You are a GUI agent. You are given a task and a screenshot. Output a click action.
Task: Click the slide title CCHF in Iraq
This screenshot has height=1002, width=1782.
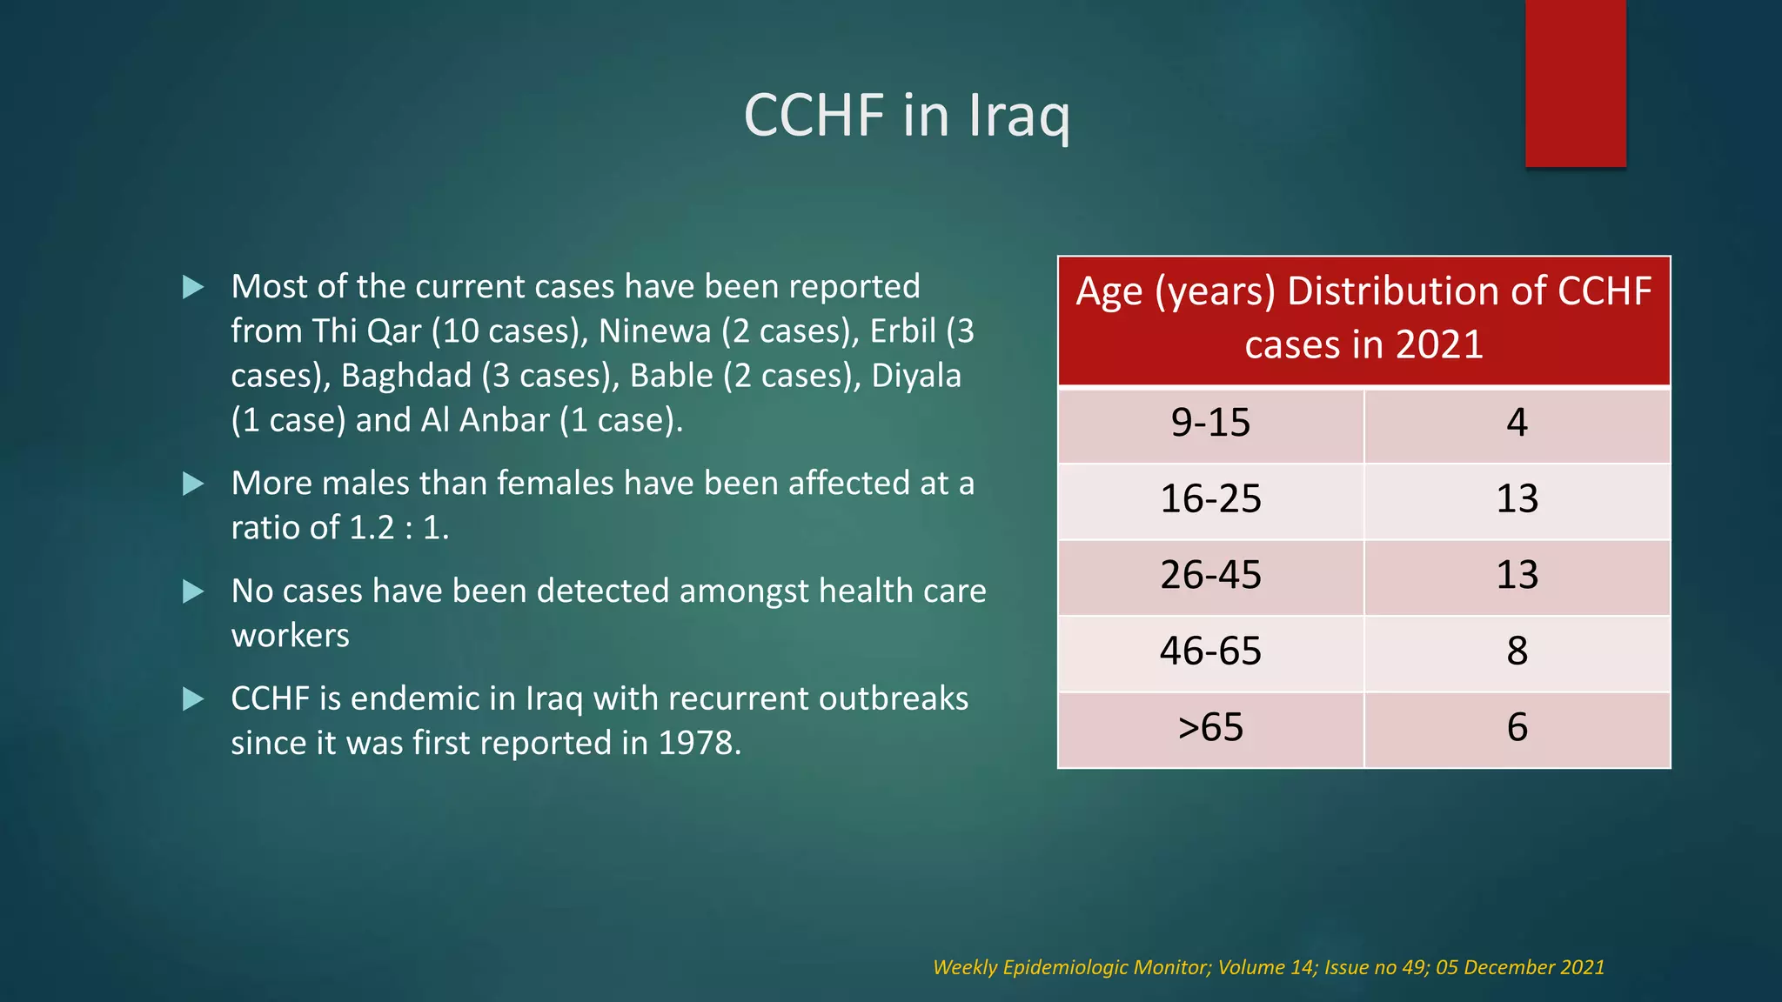pyautogui.click(x=907, y=115)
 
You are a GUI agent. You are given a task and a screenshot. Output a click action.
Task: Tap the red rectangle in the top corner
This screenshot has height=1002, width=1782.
pyautogui.click(x=1575, y=83)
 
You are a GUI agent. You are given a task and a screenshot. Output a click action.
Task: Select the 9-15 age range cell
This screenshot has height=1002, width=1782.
pyautogui.click(x=1210, y=424)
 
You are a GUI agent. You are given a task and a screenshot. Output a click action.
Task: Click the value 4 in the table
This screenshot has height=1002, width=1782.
pyautogui.click(x=1517, y=424)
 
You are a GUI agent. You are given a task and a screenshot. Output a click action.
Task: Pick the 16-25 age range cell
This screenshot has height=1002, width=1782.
pyautogui.click(x=1210, y=499)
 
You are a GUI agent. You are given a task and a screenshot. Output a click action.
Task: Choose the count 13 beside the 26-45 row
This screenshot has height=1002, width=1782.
pyautogui.click(x=1517, y=575)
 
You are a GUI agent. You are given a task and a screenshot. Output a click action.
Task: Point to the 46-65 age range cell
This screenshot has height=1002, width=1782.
pyautogui.click(x=1210, y=651)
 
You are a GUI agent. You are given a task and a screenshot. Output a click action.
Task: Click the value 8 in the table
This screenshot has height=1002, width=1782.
pyautogui.click(x=1517, y=651)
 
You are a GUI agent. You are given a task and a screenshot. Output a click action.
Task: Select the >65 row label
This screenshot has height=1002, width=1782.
pyautogui.click(x=1210, y=727)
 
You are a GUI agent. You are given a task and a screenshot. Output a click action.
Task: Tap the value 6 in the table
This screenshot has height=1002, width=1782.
pyautogui.click(x=1517, y=727)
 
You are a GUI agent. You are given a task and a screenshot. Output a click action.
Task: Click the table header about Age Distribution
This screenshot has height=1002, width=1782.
pyautogui.click(x=1363, y=318)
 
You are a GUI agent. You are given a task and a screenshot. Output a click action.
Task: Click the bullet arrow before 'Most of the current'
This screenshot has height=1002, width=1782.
pyautogui.click(x=193, y=287)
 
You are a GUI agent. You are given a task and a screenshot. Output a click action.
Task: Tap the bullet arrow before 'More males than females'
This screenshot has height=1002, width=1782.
pyautogui.click(x=193, y=484)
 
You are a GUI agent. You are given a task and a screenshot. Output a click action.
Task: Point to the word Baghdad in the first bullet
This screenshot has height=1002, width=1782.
pyautogui.click(x=406, y=376)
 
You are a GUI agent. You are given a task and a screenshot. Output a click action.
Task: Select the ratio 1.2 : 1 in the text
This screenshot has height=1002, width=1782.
pyautogui.click(x=399, y=528)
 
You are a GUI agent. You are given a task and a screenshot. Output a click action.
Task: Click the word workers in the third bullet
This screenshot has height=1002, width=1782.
pyautogui.click(x=290, y=636)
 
